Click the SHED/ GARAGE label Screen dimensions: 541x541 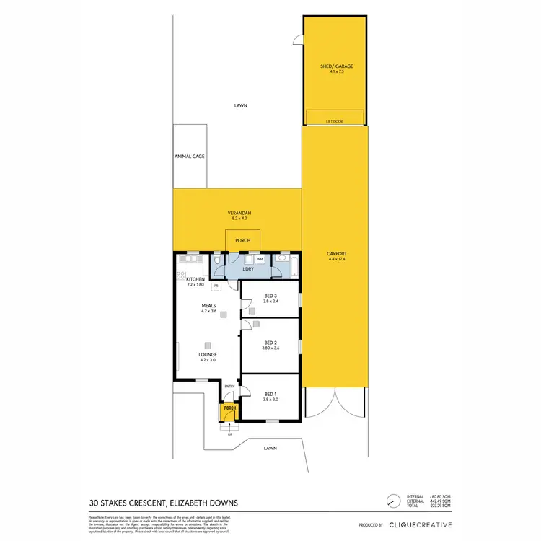[336, 66]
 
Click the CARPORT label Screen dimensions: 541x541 [336, 254]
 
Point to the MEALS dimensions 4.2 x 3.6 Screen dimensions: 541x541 [208, 311]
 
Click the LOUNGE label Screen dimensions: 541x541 [208, 355]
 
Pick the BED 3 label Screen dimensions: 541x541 [270, 296]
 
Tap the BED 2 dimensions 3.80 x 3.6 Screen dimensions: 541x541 [270, 348]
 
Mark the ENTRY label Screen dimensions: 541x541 [230, 387]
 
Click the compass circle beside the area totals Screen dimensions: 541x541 [392, 501]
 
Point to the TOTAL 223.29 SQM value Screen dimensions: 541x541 [441, 506]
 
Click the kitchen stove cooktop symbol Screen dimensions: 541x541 [181, 275]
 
